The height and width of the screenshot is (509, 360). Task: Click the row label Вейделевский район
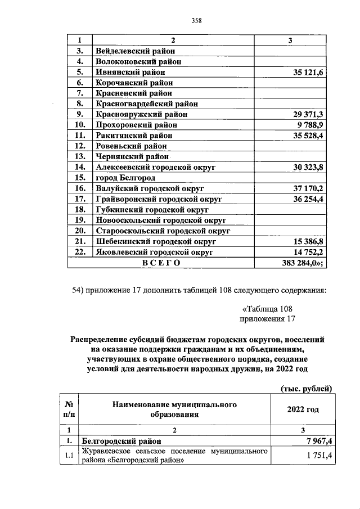(131, 51)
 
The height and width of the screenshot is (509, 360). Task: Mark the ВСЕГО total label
(161, 263)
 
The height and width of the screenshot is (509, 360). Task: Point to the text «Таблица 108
(267, 309)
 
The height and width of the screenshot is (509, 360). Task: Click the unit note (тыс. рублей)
(306, 388)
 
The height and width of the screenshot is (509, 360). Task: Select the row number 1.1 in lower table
(69, 455)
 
